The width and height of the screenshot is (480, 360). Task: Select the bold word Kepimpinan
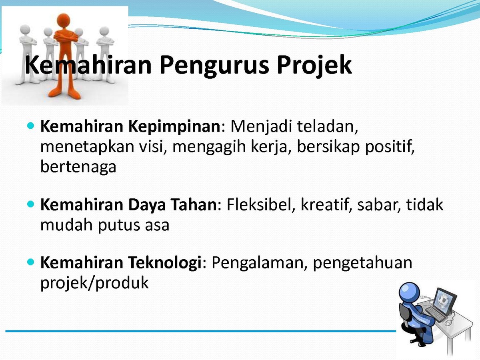pyautogui.click(x=174, y=127)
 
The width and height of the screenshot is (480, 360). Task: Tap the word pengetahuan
pyautogui.click(x=362, y=263)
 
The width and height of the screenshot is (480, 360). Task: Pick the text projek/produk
pyautogui.click(x=94, y=283)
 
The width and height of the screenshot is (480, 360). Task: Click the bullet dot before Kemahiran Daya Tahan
pyautogui.click(x=31, y=204)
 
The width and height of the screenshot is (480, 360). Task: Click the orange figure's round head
pyautogui.click(x=64, y=20)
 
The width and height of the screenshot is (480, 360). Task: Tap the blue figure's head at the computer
pyautogui.click(x=409, y=293)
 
